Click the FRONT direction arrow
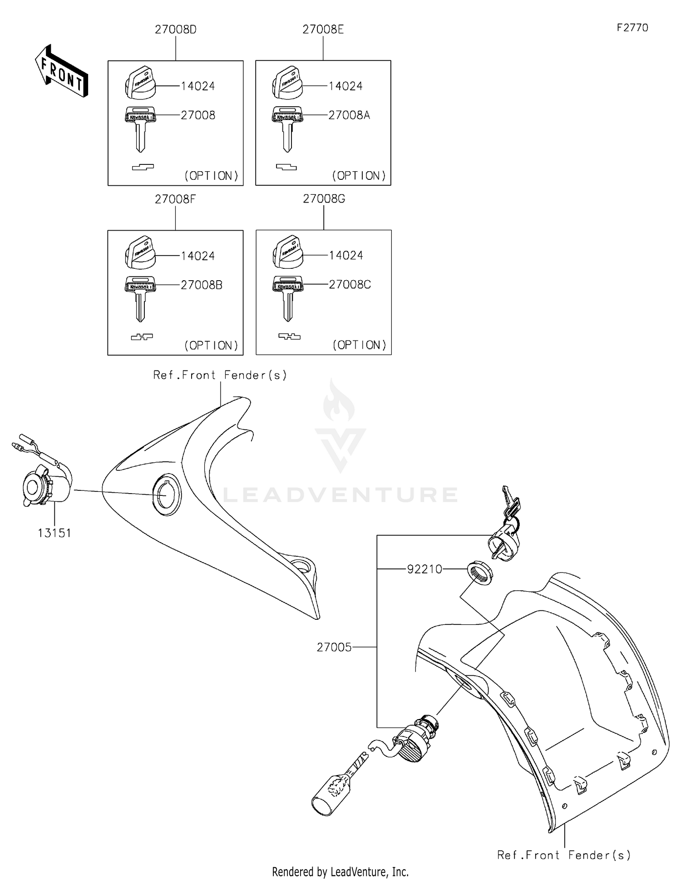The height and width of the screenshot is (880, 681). (x=61, y=72)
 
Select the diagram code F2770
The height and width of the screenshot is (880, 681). (x=632, y=28)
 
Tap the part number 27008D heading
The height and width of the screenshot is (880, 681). (x=176, y=30)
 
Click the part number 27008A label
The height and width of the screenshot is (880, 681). (x=349, y=115)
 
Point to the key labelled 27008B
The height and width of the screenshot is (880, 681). (x=140, y=297)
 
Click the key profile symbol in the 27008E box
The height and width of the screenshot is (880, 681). (x=286, y=168)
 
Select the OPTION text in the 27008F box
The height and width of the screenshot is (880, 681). (x=211, y=346)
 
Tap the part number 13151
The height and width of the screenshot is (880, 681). (x=54, y=533)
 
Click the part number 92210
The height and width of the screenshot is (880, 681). (x=424, y=569)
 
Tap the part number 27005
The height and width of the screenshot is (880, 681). (x=334, y=647)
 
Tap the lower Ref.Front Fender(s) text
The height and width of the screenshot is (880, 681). (x=564, y=855)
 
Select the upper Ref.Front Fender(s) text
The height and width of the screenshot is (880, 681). (x=220, y=375)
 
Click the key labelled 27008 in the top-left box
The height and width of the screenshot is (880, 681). (x=140, y=127)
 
